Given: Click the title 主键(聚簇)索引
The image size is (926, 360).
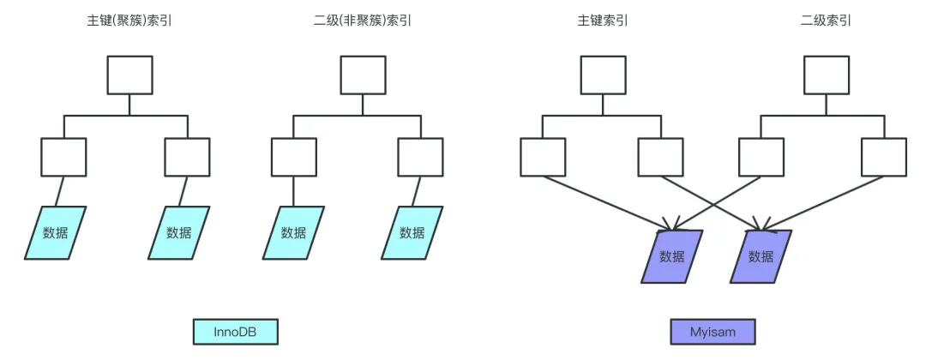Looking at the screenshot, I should point(129,20).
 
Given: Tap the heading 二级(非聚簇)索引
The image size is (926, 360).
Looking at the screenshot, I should point(363,20).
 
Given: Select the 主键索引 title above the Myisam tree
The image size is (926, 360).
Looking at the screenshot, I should point(603,20).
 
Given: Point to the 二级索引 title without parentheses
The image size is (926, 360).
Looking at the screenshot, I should point(826,20).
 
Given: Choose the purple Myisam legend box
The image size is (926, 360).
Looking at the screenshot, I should point(713,332).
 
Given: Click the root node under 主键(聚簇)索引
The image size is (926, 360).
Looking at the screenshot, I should point(129,75).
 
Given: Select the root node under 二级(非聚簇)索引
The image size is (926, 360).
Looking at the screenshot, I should point(363,75).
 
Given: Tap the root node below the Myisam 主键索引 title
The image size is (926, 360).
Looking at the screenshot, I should point(603,75).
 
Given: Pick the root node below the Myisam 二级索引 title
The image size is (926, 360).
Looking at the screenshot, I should point(826,75).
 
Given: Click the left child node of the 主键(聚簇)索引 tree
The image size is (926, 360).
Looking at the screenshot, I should point(64,157).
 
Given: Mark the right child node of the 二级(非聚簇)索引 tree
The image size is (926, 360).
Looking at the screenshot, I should point(420,157).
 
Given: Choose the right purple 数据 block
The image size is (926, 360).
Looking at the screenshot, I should point(760,256).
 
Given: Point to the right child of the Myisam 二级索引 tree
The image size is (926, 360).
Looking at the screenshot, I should point(883,157).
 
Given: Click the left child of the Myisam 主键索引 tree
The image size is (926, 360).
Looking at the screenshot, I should point(543,157).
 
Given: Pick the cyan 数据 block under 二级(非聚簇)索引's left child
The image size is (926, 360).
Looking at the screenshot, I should point(293,232).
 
